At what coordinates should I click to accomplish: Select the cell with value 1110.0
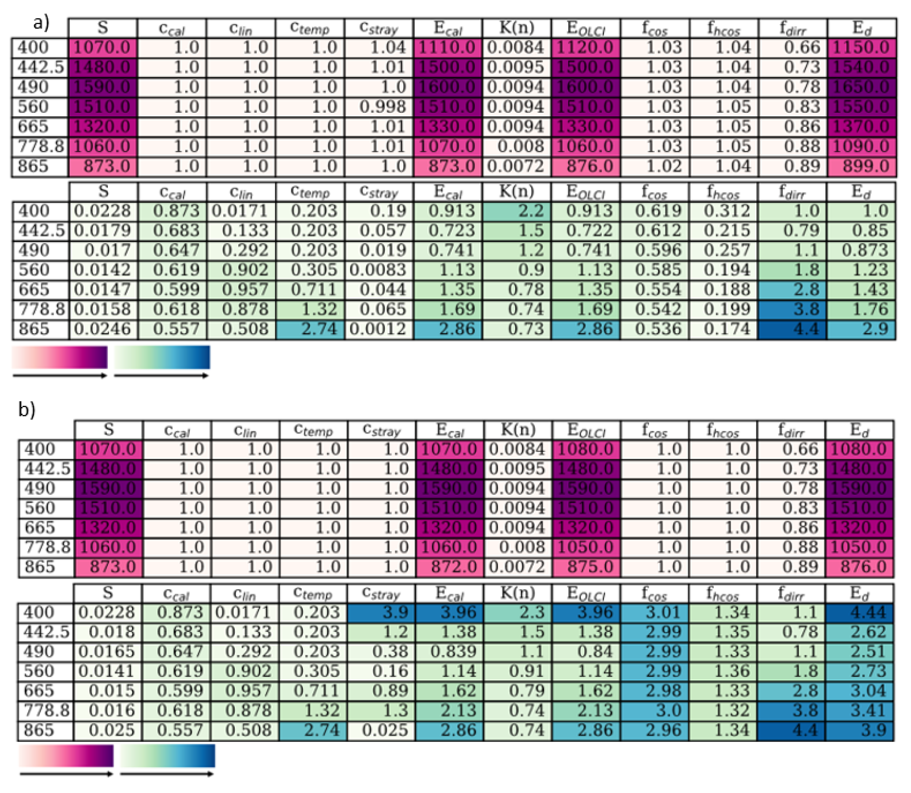pyautogui.click(x=448, y=48)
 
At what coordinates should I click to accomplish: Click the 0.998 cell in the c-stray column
pyautogui.click(x=379, y=107)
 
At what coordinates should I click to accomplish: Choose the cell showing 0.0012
pyautogui.click(x=379, y=329)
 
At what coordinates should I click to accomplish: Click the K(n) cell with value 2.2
pyautogui.click(x=517, y=211)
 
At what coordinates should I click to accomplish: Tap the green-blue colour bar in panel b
pyautogui.click(x=167, y=756)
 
